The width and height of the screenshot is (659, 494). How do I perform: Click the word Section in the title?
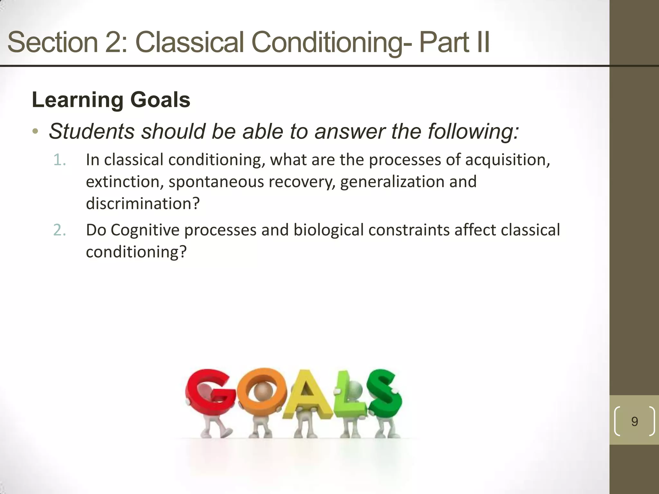52,42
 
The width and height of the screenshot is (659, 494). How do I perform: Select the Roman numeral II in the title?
479,42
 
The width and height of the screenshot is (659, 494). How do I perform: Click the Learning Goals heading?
111,100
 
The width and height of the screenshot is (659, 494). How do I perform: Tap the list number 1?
60,160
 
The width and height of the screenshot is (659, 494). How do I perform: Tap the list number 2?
60,230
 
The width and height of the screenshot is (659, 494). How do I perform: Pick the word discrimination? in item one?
143,204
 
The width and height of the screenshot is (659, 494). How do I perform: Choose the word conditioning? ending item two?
136,252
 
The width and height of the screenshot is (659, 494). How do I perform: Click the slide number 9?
635,421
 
